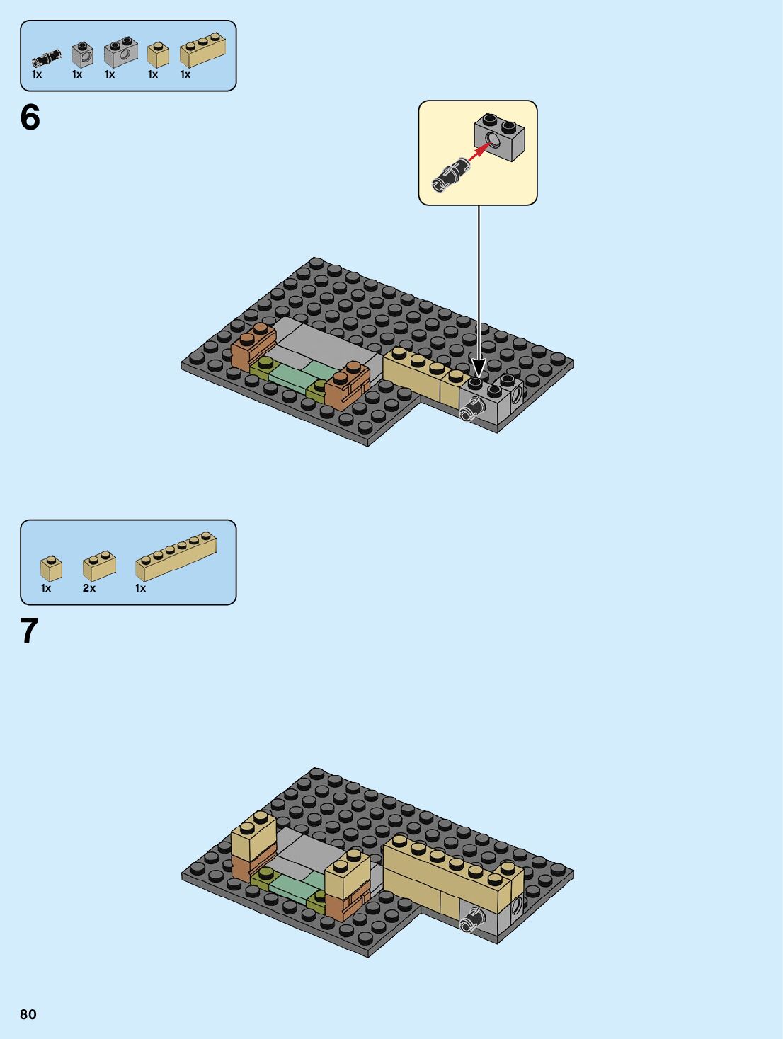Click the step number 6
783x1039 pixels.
coord(30,117)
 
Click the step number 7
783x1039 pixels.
coord(29,631)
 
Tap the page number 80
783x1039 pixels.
coord(28,1014)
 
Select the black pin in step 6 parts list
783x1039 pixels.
coord(47,59)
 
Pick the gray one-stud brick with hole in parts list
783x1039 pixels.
coord(82,54)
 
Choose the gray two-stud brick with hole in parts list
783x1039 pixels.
coord(121,52)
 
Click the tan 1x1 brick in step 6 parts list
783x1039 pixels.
coord(158,55)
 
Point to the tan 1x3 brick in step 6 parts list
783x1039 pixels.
coord(202,50)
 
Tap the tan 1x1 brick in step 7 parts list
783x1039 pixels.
coord(51,568)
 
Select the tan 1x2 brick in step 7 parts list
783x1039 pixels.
coord(99,566)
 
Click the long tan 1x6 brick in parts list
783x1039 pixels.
coord(176,557)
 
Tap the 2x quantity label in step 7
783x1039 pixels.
coord(89,588)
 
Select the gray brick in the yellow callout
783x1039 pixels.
coord(499,137)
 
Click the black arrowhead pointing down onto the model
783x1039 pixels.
coord(479,368)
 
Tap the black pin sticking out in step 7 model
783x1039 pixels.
coord(472,919)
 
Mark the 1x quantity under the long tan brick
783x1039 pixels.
coord(141,588)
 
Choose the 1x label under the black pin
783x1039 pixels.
coord(37,74)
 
